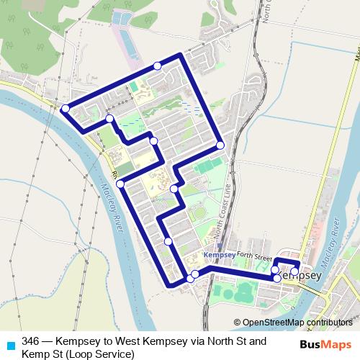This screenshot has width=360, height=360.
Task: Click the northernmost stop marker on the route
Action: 158,66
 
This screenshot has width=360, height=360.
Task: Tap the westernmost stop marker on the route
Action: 66,109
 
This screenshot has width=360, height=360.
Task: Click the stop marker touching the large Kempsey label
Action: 278,278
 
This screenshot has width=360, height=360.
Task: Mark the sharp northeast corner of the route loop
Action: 181,55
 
